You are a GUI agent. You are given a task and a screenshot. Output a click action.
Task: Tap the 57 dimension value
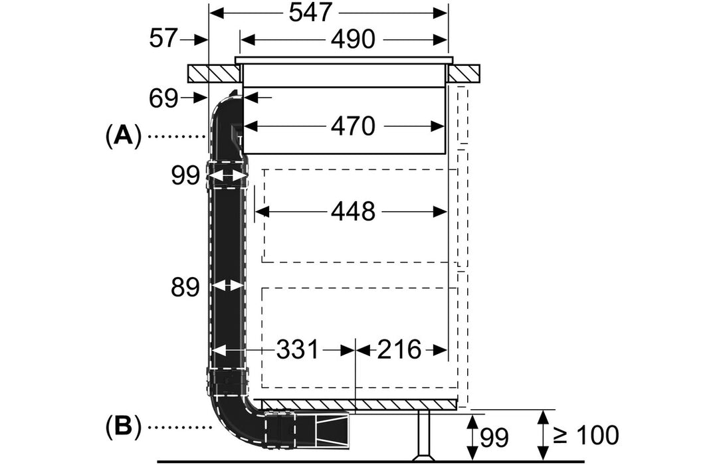164,39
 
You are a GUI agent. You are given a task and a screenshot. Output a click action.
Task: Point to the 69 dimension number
163,98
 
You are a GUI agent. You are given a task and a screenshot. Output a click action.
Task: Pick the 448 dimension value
352,212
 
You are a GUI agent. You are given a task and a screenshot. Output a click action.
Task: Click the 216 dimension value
400,349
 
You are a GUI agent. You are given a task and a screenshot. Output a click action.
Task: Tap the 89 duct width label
185,287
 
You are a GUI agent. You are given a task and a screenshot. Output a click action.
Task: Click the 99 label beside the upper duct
185,176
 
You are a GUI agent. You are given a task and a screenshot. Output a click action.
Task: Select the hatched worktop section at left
211,73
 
